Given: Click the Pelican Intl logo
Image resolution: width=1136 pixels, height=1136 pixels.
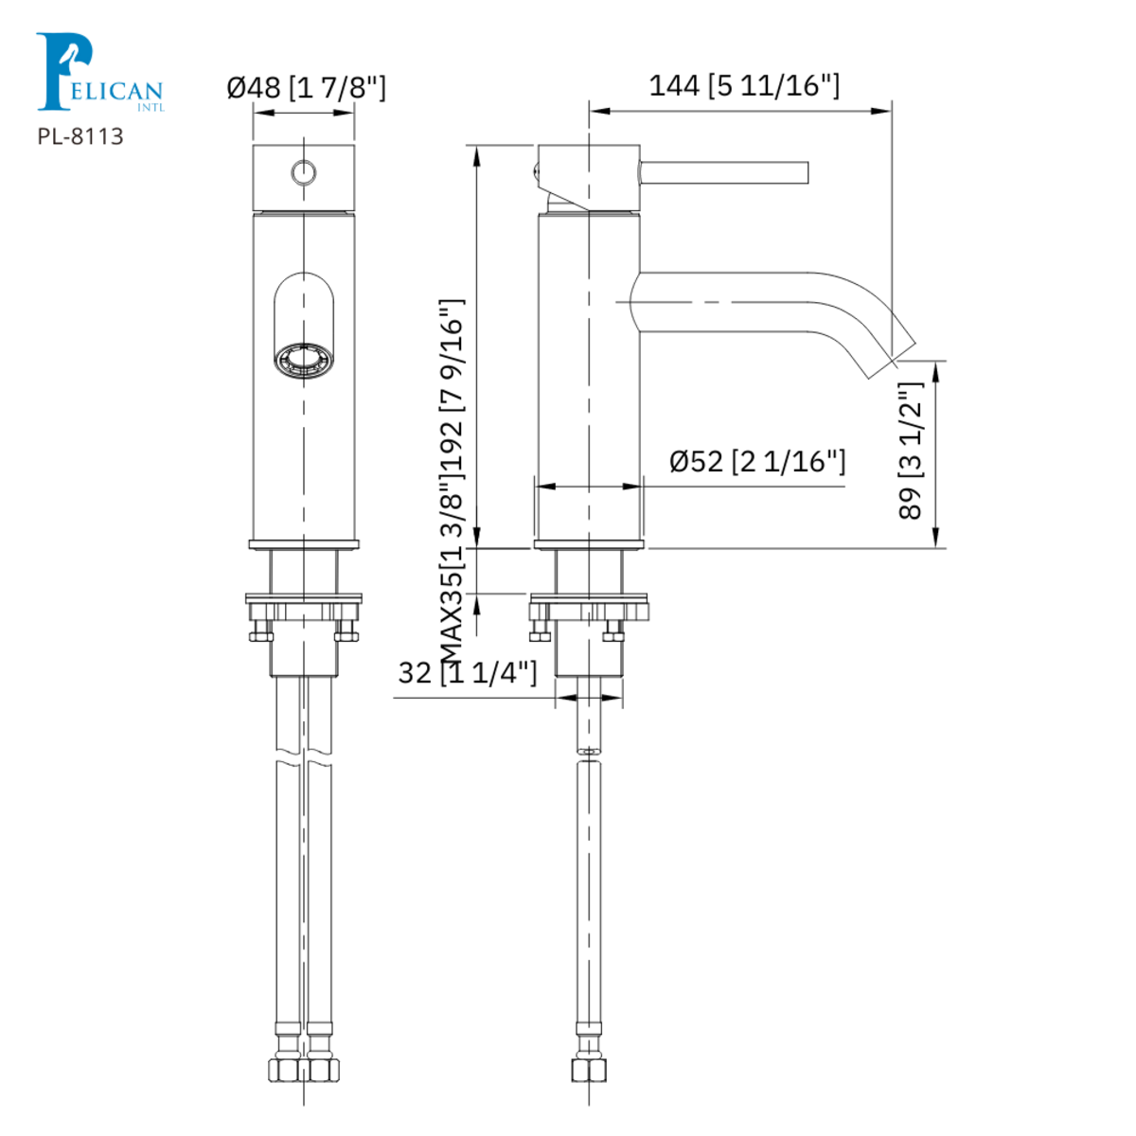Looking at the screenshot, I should point(98,74).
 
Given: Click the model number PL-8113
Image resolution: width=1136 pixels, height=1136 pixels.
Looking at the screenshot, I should point(80,136).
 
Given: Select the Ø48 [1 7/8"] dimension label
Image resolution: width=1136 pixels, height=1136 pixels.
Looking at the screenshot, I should point(306,88).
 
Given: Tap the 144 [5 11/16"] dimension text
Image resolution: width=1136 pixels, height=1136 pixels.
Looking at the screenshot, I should point(744,85).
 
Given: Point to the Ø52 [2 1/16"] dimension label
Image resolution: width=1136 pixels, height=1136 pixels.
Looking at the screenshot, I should point(757,462).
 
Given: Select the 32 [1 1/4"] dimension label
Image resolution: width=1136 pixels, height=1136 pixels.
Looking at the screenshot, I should point(467,673).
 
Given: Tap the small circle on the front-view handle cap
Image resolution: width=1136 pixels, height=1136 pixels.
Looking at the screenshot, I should point(303,172).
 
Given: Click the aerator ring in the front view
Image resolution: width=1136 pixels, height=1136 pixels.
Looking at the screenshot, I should point(303,362).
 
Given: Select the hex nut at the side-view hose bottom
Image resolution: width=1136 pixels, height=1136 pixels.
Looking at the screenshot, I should point(587,1069).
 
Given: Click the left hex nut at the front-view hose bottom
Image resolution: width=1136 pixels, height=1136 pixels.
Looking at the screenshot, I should point(286,1069).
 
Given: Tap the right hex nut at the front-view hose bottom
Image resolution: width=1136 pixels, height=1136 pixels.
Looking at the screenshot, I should point(321,1069).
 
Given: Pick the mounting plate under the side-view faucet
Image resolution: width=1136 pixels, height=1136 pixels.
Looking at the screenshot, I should point(590,608).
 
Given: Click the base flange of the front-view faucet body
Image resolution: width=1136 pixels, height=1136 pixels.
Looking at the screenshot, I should point(303,544).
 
